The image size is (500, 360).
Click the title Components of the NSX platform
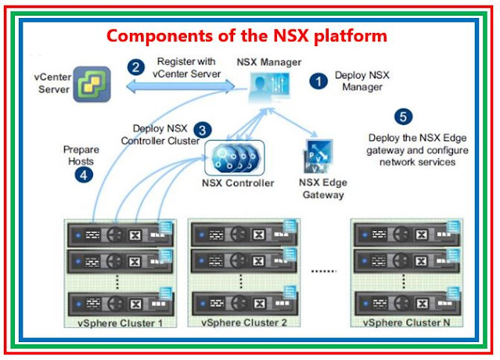coord(246,37)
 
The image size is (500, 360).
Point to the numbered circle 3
coord(203,129)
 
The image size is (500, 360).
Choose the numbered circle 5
coord(403,117)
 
